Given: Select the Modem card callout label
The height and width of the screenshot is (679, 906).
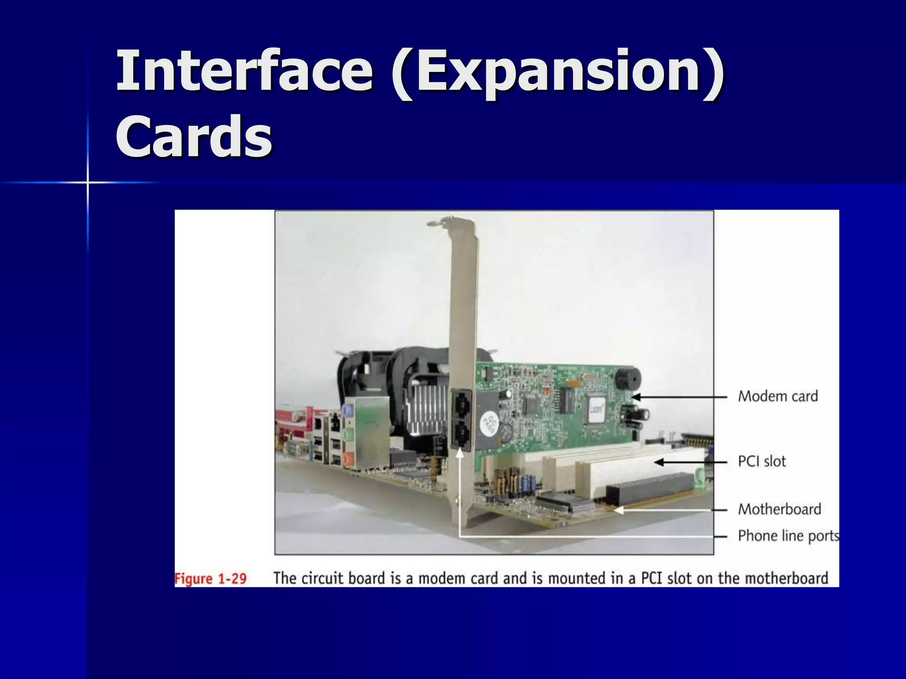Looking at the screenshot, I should (778, 396).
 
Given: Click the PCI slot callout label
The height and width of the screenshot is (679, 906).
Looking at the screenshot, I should (762, 462).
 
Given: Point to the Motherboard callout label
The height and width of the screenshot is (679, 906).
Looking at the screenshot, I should (779, 509).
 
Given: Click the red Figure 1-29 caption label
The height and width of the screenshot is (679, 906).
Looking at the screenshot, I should (211, 579).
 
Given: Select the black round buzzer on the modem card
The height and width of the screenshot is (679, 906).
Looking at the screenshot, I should (627, 379).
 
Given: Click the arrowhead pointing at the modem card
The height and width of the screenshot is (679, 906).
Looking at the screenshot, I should (636, 397).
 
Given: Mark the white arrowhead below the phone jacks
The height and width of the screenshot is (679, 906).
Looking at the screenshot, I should (460, 453).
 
